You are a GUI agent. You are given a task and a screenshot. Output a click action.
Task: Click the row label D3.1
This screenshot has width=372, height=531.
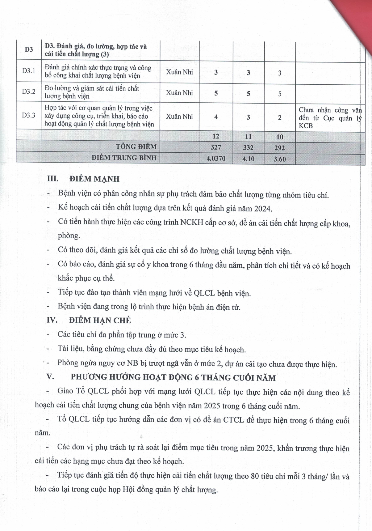28,71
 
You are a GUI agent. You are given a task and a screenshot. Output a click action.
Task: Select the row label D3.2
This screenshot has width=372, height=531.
28,91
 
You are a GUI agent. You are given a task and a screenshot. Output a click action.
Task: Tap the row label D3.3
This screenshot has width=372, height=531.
28,115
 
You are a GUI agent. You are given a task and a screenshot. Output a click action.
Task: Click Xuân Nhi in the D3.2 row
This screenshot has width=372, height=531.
179,93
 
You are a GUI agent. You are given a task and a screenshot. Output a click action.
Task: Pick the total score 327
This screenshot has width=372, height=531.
216,147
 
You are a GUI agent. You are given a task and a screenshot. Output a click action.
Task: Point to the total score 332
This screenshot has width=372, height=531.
248,148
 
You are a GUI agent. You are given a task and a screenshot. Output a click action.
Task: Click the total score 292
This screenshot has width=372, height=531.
280,148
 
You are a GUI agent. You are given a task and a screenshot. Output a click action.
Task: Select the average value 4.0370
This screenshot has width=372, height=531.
216,159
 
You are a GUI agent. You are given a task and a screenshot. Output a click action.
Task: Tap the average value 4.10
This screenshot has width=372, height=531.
248,159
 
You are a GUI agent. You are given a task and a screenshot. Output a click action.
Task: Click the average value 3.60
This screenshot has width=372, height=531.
280,159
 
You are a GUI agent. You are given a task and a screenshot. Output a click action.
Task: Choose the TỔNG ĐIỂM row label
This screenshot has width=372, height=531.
136,147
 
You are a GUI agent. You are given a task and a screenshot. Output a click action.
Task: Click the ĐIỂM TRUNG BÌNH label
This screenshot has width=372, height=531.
124,158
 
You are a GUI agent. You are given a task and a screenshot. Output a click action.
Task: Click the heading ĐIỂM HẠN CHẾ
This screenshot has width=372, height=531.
100,320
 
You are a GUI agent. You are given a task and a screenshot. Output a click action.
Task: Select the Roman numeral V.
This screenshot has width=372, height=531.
50,377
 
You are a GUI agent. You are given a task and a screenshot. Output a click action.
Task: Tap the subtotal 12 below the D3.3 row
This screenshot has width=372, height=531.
216,136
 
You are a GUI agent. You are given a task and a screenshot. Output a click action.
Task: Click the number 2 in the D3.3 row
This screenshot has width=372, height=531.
280,117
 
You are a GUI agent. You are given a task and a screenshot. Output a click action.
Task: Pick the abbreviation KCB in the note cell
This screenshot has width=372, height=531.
306,126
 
